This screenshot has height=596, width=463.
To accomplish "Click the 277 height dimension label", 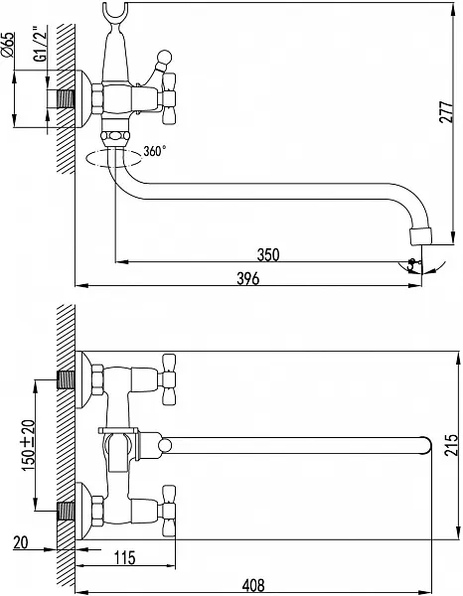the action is pos(447,111).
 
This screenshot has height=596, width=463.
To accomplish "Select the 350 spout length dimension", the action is pos(268,254).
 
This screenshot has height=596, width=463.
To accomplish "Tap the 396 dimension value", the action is pos(247,278).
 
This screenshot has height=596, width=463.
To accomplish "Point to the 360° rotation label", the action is pos(155,151).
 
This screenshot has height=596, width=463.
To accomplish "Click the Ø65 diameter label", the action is pos(8,45).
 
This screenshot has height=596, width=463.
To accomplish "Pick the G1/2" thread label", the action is pos(41,44).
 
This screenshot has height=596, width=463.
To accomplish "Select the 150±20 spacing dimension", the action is pos(28,445).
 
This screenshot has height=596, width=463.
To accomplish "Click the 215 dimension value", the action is pos(450,444).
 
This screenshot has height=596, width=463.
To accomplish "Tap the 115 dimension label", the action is pos(124,557).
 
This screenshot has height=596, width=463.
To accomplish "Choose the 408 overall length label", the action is pos(253,585).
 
